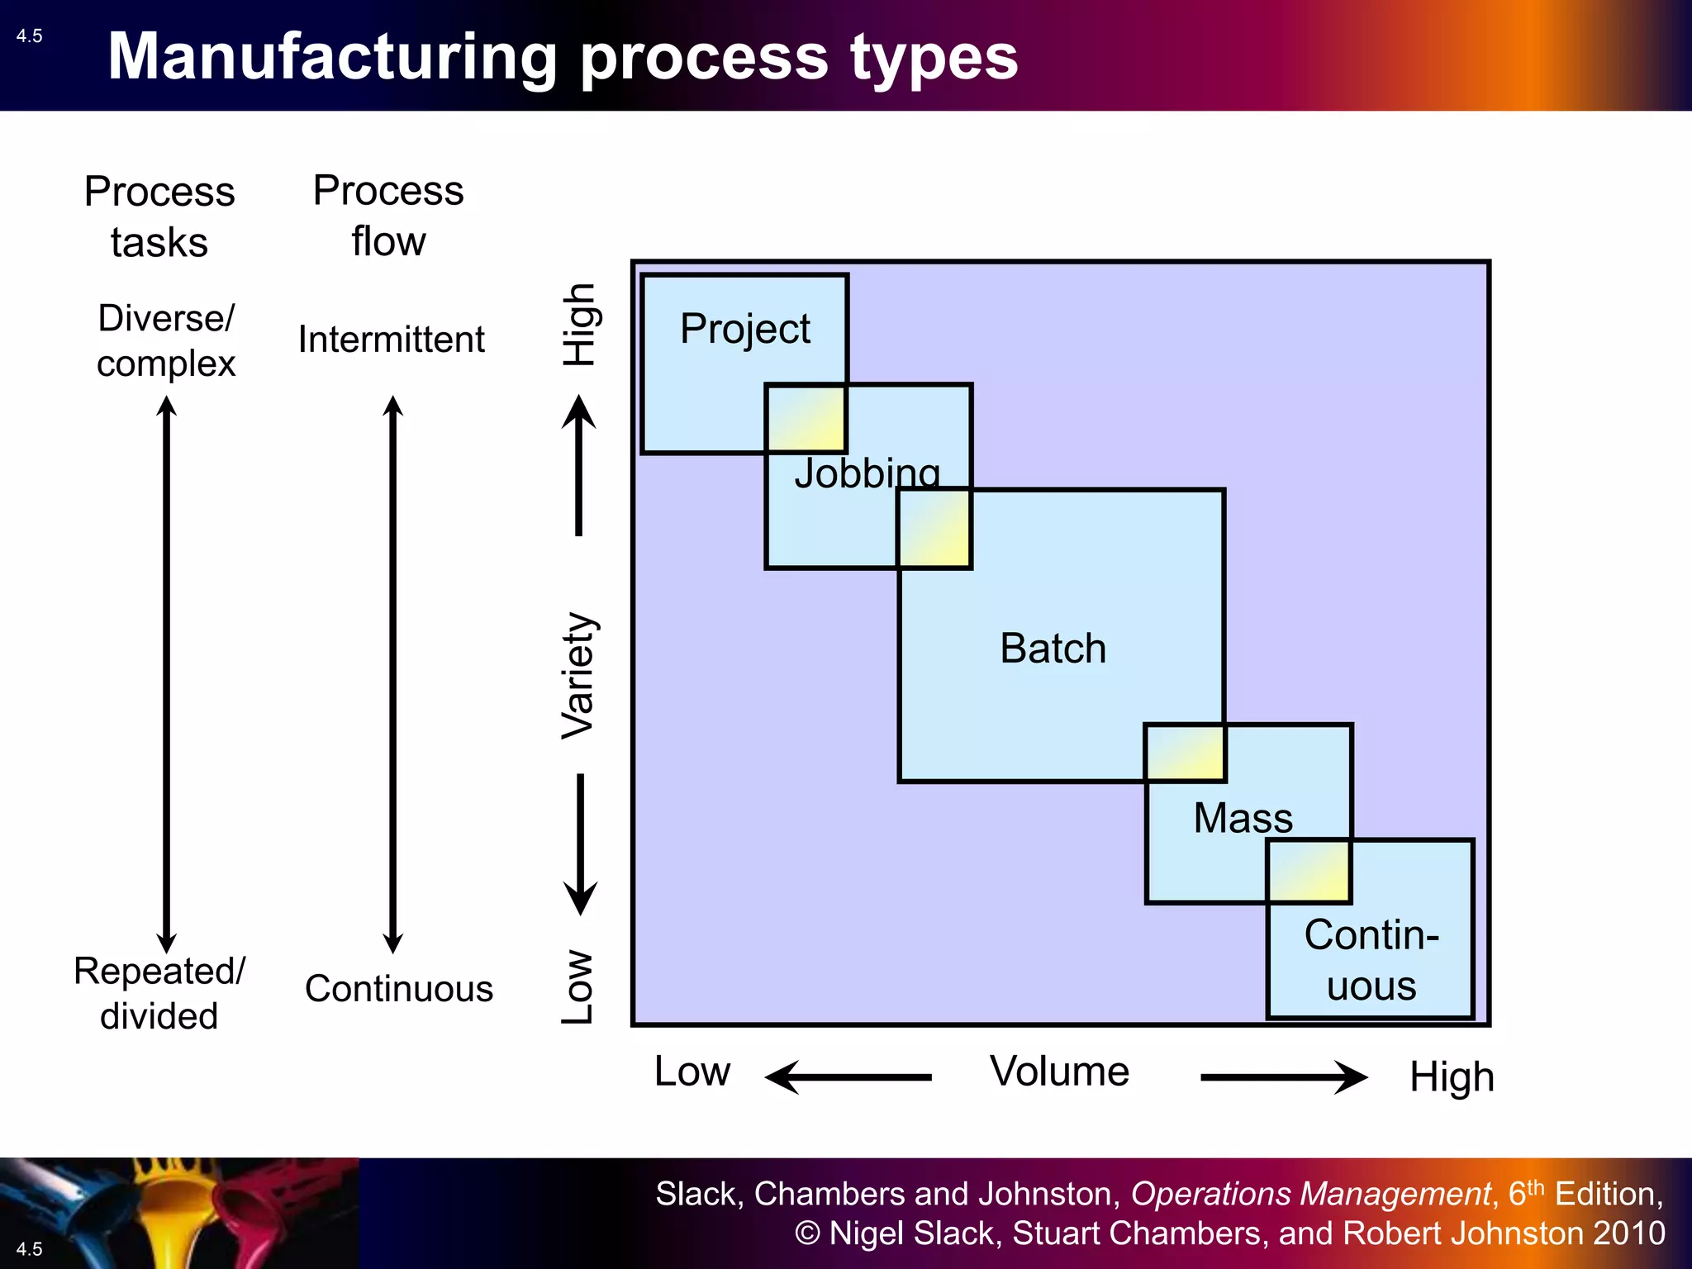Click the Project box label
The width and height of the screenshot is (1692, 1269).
tap(744, 329)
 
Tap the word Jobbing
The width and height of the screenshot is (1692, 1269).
tap(867, 473)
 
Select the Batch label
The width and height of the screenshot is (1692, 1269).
tap(1053, 648)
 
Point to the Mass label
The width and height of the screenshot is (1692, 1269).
tap(1243, 818)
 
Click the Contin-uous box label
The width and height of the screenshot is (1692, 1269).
tap(1371, 960)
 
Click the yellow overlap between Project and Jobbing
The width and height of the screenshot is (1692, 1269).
tap(806, 418)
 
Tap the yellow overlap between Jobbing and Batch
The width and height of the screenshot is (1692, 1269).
tap(934, 529)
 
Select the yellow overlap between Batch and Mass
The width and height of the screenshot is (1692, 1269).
tap(1185, 753)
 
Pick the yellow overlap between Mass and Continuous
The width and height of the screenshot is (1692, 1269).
tap(1309, 872)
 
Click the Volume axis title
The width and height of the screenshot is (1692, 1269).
tap(1059, 1072)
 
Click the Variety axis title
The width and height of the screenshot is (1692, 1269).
tap(577, 675)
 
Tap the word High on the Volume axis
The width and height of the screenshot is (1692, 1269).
tap(1452, 1077)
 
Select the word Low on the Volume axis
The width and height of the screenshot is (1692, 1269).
tap(692, 1072)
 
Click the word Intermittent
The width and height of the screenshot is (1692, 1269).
tap(391, 340)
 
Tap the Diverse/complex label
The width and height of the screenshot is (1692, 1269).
tap(166, 340)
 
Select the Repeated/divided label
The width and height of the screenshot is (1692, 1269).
tap(159, 993)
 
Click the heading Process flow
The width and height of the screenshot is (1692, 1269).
tap(388, 216)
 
